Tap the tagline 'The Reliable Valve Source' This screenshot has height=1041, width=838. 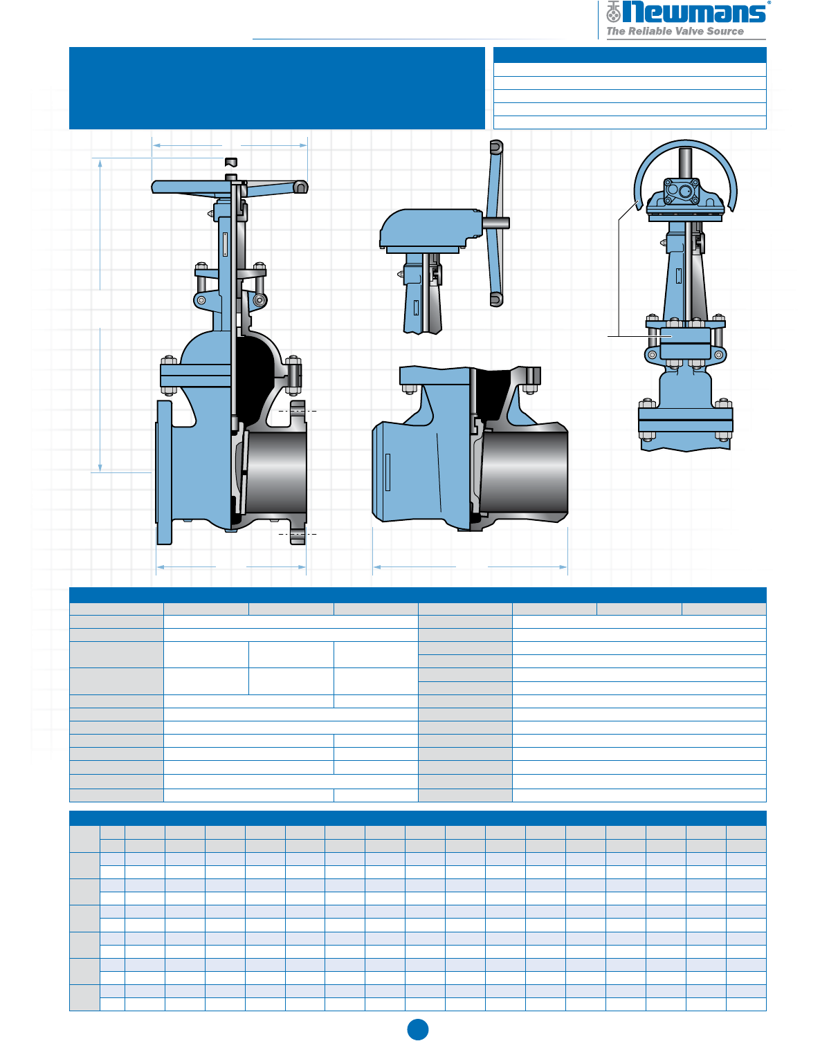[675, 31]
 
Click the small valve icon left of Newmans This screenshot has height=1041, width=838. [613, 12]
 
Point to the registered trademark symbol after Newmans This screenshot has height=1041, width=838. [769, 2]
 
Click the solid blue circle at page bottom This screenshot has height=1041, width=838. [418, 1029]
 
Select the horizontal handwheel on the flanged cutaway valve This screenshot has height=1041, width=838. [230, 187]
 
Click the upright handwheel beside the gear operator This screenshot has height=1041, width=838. [495, 223]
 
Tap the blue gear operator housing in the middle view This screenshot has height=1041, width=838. [431, 230]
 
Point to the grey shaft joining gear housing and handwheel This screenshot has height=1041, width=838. [495, 223]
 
